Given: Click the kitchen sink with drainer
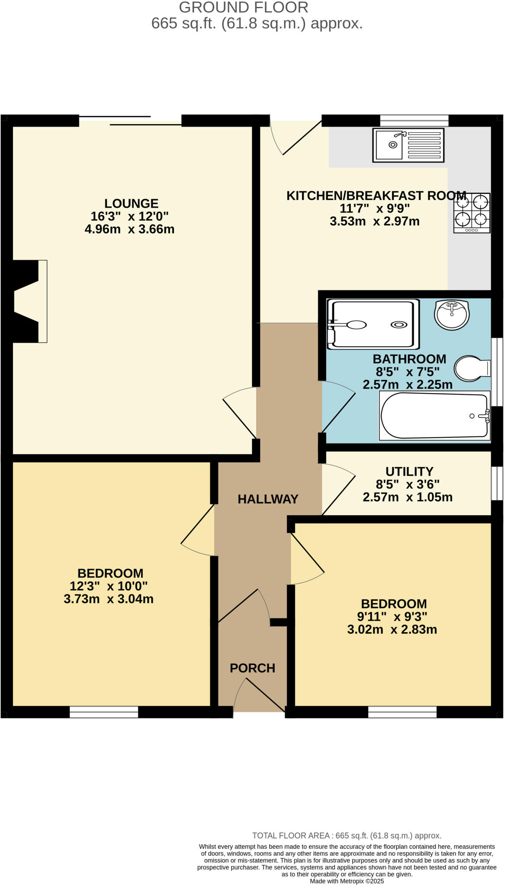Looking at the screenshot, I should click(x=408, y=145).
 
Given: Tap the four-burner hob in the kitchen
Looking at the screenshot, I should click(x=472, y=213).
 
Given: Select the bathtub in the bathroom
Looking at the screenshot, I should click(x=434, y=416).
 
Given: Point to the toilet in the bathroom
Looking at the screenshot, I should click(x=472, y=369).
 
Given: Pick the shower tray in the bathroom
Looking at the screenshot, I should click(x=373, y=324).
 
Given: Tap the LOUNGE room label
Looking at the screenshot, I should click(x=131, y=203).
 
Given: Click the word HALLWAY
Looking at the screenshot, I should click(x=268, y=499).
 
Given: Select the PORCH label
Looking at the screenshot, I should click(x=252, y=668).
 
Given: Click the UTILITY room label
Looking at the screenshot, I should click(x=409, y=471).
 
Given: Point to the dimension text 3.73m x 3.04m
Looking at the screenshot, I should click(x=108, y=599).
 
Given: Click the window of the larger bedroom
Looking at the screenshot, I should click(x=104, y=712).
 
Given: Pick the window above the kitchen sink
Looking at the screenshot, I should click(x=414, y=120).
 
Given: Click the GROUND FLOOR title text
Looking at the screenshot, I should click(x=243, y=7).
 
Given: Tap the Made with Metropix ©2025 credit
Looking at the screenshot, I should click(x=347, y=881).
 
